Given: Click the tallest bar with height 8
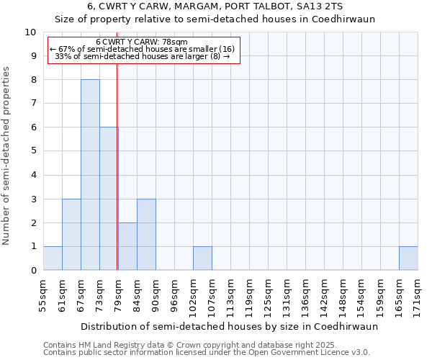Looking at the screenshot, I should (90, 175).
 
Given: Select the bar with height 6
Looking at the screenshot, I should (109, 199).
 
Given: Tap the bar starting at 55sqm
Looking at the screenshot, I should (53, 258).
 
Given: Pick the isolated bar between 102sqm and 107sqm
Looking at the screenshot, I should (202, 258).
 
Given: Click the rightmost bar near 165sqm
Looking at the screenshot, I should (408, 258).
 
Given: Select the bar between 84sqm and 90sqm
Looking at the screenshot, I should (146, 235).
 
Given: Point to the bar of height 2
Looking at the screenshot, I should (127, 246).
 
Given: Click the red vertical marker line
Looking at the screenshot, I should (117, 166).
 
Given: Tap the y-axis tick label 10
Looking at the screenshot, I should (30, 32).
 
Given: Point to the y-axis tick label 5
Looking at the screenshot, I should (33, 151).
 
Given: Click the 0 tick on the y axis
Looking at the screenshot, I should (33, 271).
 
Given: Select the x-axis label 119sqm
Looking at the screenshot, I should (249, 297).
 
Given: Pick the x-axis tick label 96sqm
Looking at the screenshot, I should (174, 296).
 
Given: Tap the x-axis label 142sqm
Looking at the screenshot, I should (324, 297).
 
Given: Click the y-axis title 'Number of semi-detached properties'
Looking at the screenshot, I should (7, 156).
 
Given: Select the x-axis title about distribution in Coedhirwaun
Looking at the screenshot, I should (229, 326).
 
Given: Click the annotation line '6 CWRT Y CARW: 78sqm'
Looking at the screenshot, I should (142, 42).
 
